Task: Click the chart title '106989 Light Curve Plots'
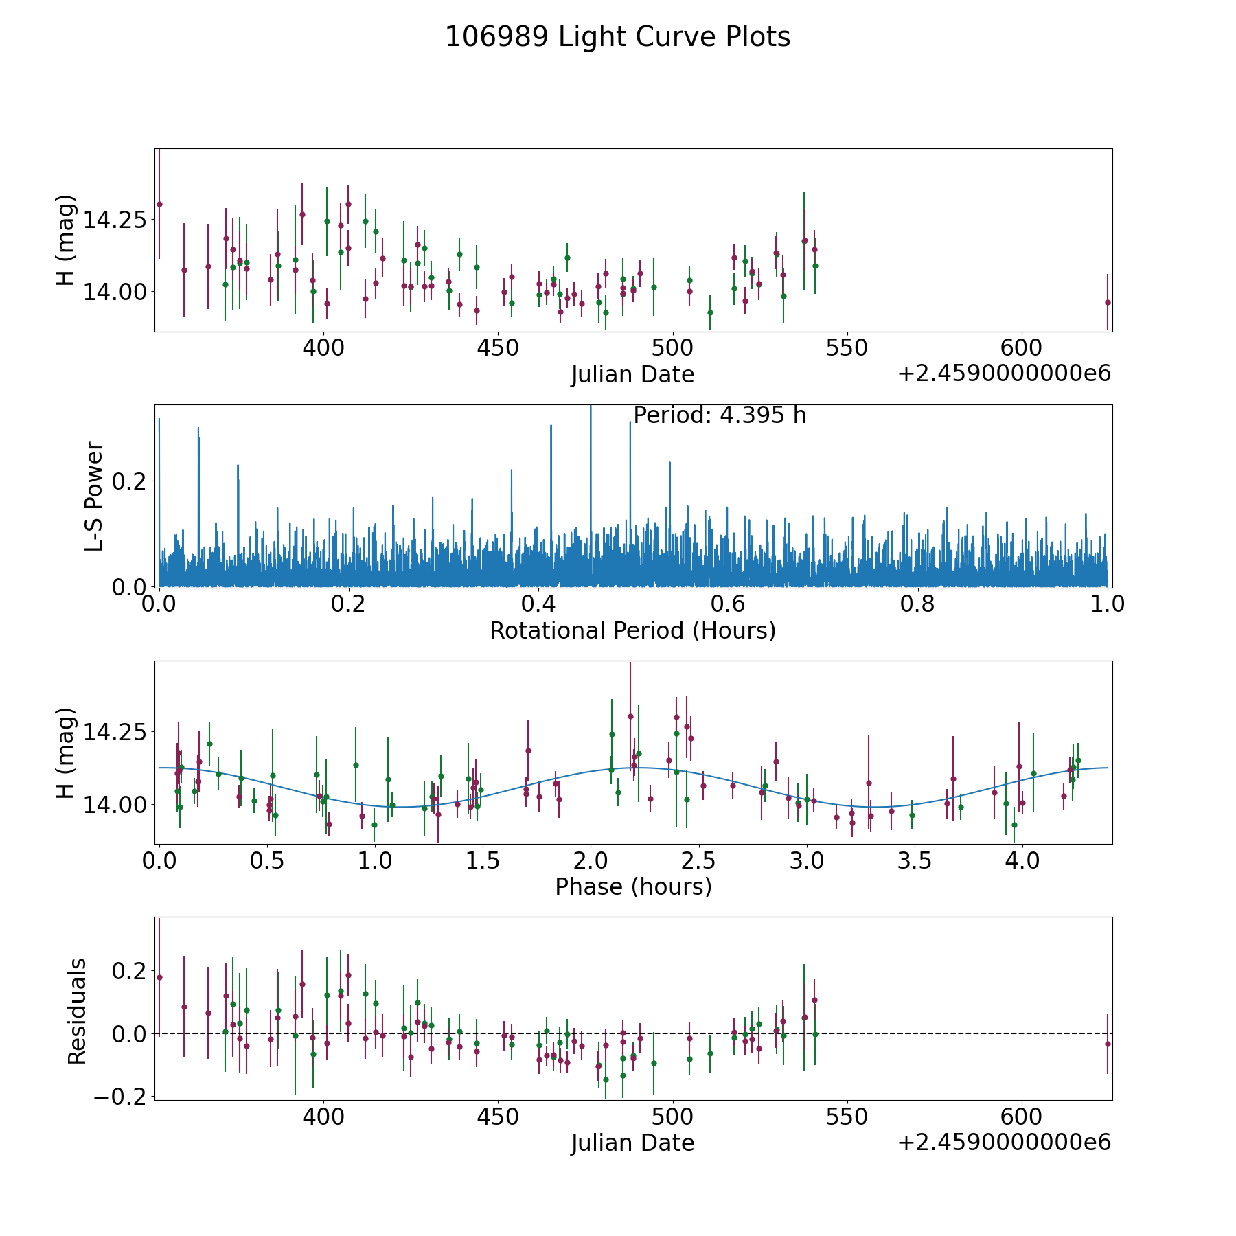click(x=617, y=37)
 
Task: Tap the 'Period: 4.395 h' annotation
click(x=719, y=415)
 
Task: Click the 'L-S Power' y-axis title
click(x=95, y=496)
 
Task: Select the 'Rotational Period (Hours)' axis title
click(x=632, y=630)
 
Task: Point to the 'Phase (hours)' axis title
click(x=632, y=886)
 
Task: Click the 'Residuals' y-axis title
click(x=77, y=1011)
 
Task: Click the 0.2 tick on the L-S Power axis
click(x=130, y=481)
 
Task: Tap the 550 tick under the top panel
click(x=846, y=347)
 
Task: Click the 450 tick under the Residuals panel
click(x=497, y=1117)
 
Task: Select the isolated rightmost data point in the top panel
click(x=1107, y=302)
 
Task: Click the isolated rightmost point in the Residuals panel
click(x=1107, y=1044)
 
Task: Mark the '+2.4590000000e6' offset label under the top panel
click(x=1004, y=374)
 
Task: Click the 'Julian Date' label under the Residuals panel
click(x=632, y=1143)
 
